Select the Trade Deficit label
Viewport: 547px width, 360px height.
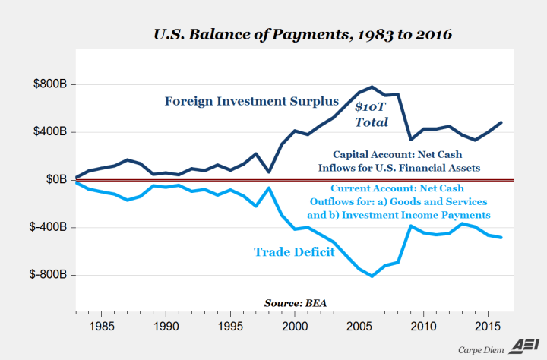coord(294,251)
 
